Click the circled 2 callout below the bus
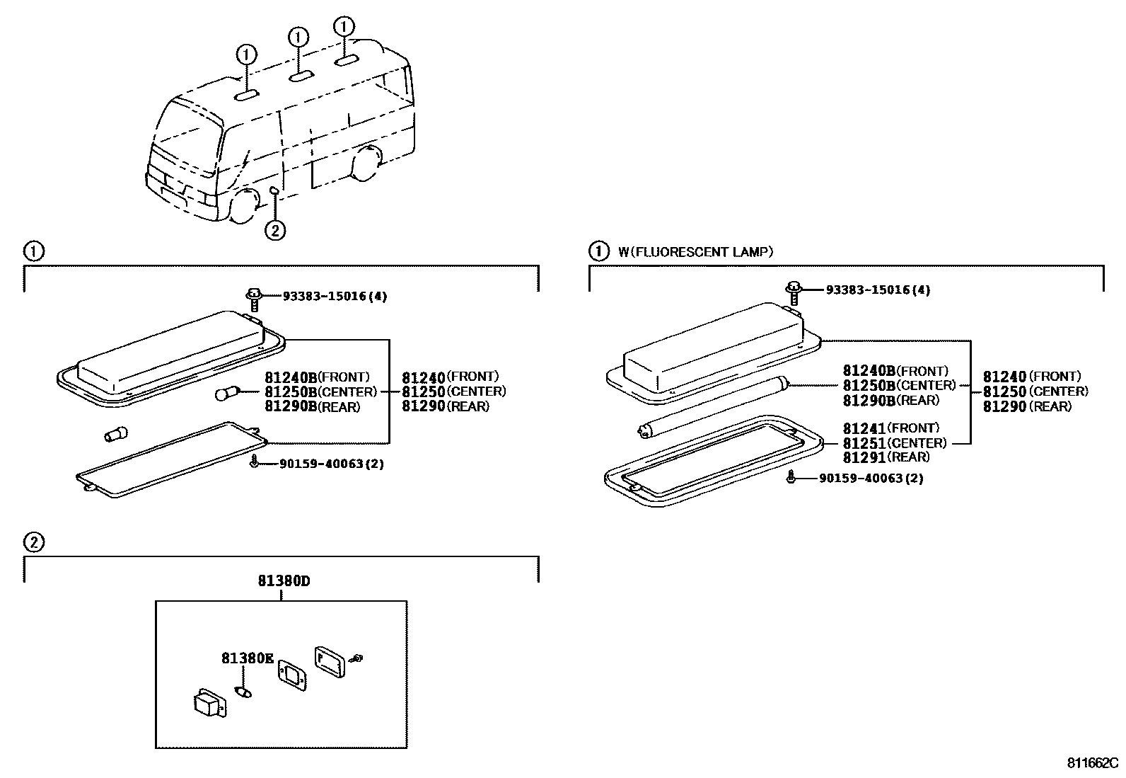click(x=275, y=229)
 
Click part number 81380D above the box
click(x=284, y=582)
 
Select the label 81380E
click(x=247, y=658)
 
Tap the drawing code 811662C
click(x=1093, y=764)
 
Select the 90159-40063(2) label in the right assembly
click(x=871, y=479)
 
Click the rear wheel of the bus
click(x=367, y=164)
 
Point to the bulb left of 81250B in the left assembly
click(x=227, y=393)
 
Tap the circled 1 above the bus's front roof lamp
click(x=246, y=55)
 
